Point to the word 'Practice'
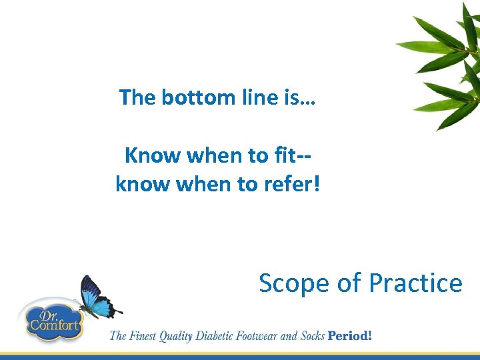pos(415,283)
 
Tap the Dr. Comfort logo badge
pos(52,320)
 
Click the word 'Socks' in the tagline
pos(311,335)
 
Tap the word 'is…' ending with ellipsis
pos(302,98)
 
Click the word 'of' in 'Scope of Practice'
pos(349,283)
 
